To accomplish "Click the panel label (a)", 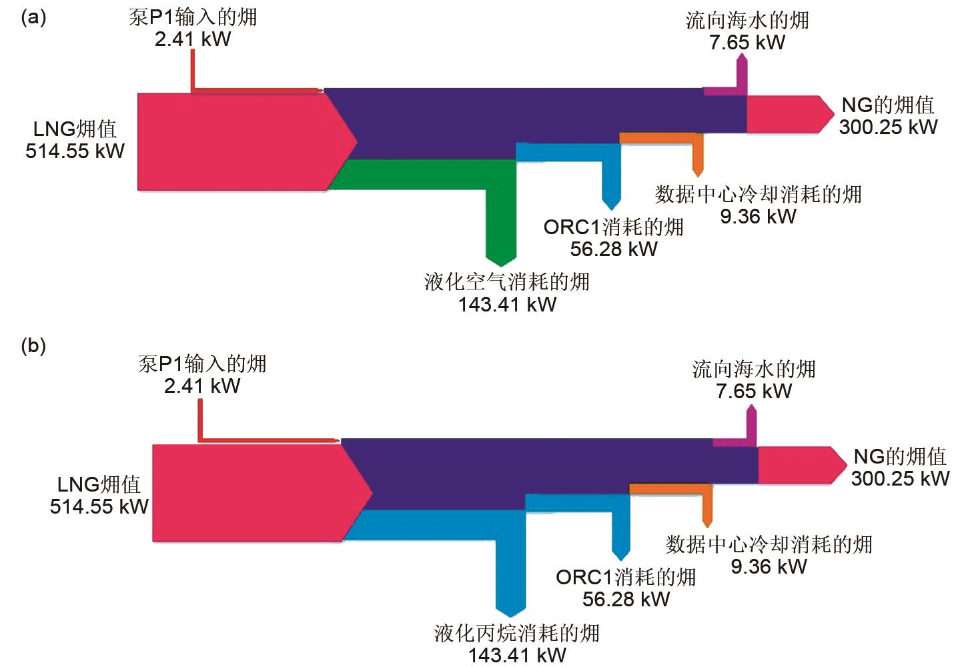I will [x=33, y=17].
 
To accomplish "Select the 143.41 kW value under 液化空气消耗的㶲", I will [x=507, y=305].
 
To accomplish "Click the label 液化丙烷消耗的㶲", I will [x=516, y=632].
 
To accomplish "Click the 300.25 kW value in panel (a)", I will [x=888, y=127].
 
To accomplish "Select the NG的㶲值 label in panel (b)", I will [x=900, y=456].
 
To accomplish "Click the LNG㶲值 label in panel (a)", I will [x=75, y=129].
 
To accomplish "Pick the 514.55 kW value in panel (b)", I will [x=99, y=506].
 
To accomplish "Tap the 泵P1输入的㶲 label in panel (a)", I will [x=192, y=17].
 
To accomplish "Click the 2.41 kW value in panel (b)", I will [x=201, y=386].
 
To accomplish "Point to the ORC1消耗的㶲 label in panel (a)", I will [x=613, y=227].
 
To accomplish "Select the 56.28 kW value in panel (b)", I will [x=626, y=599].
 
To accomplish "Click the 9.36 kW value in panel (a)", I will [x=758, y=216].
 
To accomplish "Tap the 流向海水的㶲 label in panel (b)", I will [x=754, y=369].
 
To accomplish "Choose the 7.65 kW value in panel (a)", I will [x=747, y=42].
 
